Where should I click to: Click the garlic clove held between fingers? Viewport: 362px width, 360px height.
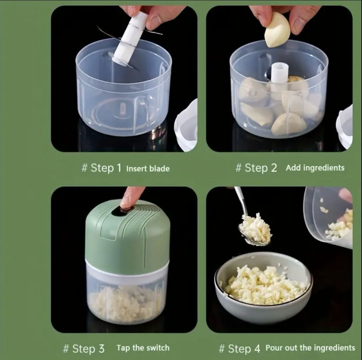point(277,30)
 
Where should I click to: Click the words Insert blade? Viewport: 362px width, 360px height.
point(148,168)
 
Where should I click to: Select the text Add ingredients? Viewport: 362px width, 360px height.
point(315,168)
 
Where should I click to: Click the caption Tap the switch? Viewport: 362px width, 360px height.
point(143,348)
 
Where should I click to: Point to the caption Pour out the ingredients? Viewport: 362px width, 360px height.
point(310,348)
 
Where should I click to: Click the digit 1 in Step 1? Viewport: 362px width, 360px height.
point(119,168)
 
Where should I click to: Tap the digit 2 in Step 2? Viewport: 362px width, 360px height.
point(274,168)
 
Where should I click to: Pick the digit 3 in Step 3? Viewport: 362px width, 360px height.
point(101,348)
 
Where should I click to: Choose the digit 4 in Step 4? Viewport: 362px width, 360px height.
point(257,348)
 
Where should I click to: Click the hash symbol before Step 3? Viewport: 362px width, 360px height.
point(66,349)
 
